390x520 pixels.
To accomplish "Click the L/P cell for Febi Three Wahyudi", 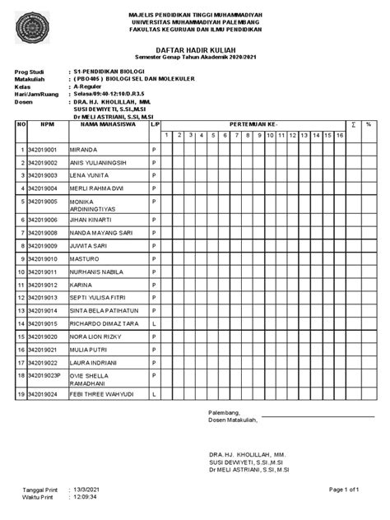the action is tap(154, 396).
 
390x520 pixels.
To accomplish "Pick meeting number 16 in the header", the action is tap(338, 135).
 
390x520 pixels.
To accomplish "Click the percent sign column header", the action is tap(369, 124).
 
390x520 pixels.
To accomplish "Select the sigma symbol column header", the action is tap(353, 124).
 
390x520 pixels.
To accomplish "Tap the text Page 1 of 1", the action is tap(345, 490).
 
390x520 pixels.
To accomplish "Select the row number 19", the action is tap(20, 396).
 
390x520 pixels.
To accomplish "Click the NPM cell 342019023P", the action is tap(46, 374).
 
